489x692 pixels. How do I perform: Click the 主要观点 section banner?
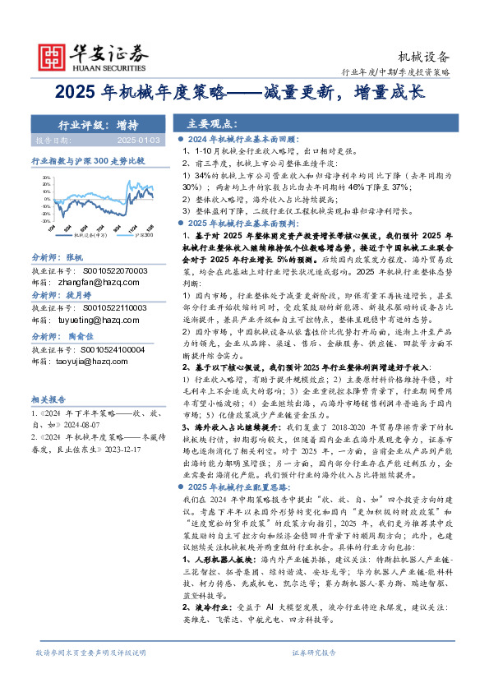[x=213, y=125]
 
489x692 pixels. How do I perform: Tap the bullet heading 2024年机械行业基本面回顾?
[x=239, y=141]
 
